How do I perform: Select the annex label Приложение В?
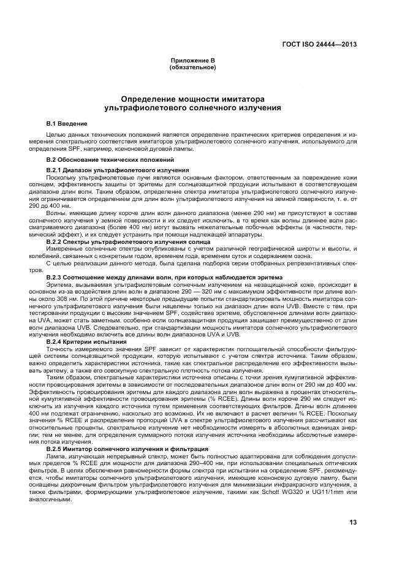[192, 61]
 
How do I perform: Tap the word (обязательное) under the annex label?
[192, 67]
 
